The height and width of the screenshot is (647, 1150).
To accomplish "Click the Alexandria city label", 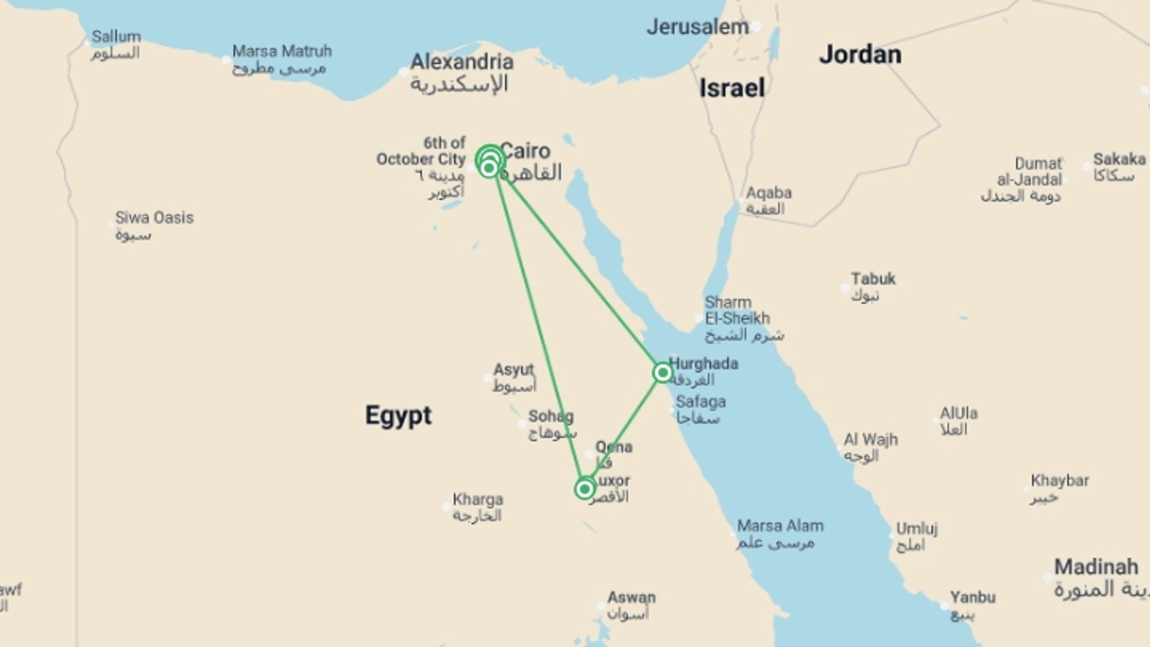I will [x=461, y=62].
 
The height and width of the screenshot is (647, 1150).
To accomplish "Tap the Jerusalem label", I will [x=698, y=27].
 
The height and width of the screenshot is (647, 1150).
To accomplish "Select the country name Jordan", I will [x=860, y=55].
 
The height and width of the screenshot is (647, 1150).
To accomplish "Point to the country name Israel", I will [x=732, y=89].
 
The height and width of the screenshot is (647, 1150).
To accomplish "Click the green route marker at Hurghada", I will [x=662, y=373].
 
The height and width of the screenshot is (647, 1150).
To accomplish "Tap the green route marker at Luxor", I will [x=585, y=489].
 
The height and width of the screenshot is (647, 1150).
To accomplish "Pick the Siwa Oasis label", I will [x=154, y=218].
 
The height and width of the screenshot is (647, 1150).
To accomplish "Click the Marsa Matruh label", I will [x=282, y=52].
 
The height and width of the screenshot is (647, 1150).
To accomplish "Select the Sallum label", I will [x=116, y=37].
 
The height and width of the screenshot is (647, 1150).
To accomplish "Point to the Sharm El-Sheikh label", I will [x=737, y=310].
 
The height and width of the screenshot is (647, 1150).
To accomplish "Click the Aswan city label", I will [x=631, y=597].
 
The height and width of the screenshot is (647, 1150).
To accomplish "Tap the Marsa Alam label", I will [x=780, y=526].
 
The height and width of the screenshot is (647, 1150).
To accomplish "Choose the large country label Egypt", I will [x=398, y=415].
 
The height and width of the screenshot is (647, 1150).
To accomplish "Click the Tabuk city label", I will [x=873, y=279].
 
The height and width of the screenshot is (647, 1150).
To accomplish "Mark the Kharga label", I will [x=477, y=500].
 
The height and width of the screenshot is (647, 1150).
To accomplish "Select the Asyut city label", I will [x=513, y=370].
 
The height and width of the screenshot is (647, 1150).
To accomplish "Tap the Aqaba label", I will [x=768, y=194].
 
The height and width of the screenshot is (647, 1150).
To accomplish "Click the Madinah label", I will [x=1095, y=567].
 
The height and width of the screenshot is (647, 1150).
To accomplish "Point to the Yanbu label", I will [x=972, y=597].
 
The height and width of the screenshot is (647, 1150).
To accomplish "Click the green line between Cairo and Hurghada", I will [x=581, y=270].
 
